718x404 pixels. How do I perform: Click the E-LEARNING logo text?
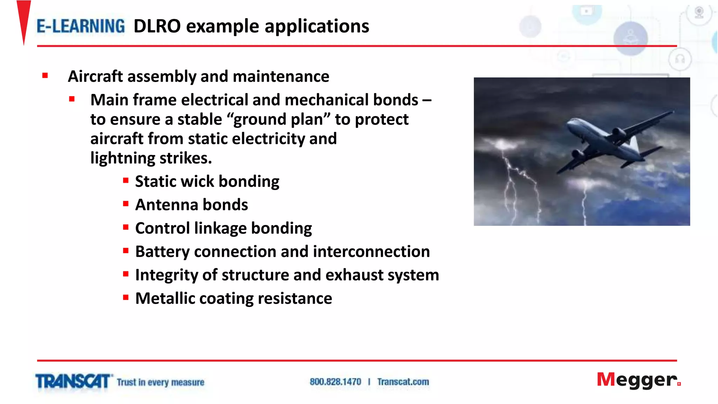point(81,26)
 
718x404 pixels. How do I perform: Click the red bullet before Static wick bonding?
point(126,181)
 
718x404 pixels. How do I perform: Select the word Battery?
point(162,252)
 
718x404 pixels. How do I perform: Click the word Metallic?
point(165,298)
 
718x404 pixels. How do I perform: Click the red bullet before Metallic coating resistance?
point(126,298)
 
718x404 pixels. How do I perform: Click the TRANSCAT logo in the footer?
point(73,382)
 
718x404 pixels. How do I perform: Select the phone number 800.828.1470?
point(335,382)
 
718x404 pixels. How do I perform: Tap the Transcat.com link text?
point(403,382)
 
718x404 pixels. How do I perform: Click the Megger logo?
point(637,380)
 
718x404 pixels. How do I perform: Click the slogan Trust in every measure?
point(160,382)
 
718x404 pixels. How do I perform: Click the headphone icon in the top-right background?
point(680,59)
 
